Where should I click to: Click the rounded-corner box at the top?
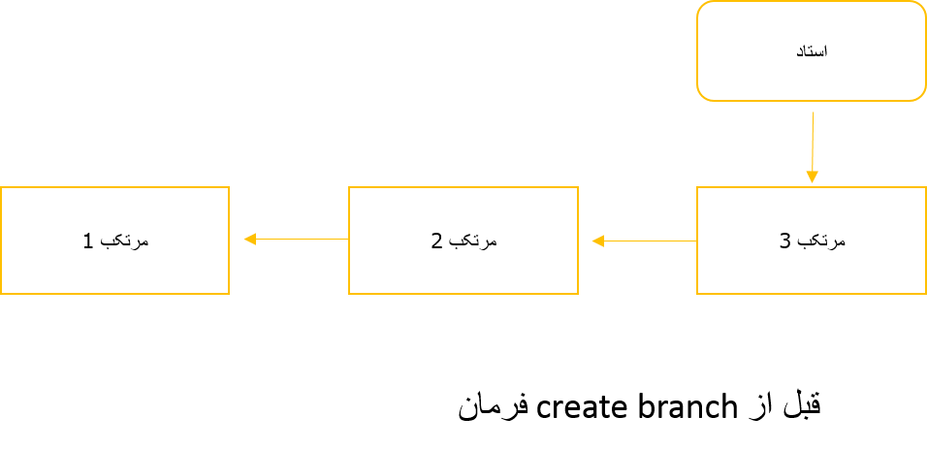pos(812,50)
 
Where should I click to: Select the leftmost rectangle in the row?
pos(114,241)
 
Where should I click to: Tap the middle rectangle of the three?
pos(463,241)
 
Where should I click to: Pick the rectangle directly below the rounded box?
pos(812,241)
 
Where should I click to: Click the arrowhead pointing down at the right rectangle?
pos(813,177)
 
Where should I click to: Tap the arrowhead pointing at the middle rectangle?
pos(597,241)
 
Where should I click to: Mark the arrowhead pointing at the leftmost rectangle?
pos(249,239)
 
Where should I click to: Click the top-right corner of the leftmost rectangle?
pos(229,187)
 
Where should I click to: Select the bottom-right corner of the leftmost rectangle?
pos(229,293)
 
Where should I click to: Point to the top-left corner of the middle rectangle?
pos(349,187)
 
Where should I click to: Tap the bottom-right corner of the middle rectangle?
pos(578,293)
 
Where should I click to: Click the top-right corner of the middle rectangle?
pos(578,187)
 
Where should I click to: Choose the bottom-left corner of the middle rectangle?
pos(349,293)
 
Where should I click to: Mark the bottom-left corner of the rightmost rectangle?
pos(697,293)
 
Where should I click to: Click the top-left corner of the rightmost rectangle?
pos(697,187)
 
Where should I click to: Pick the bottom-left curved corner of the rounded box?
pos(702,95)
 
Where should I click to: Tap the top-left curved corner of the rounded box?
pos(702,7)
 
